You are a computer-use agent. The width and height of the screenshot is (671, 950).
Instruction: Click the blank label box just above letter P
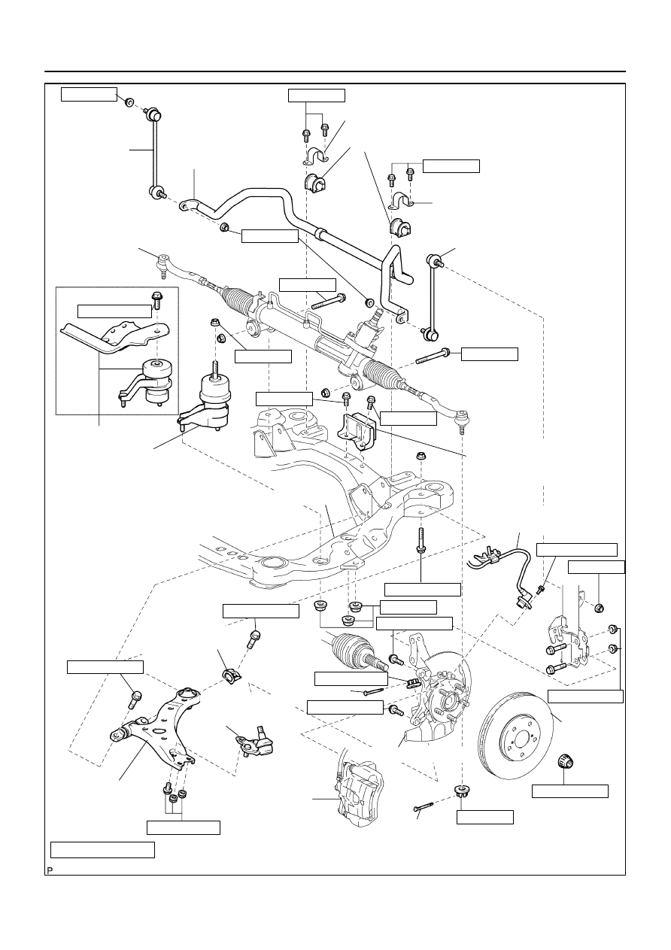(x=102, y=849)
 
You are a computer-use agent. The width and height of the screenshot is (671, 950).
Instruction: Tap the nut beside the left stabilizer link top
(x=129, y=102)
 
